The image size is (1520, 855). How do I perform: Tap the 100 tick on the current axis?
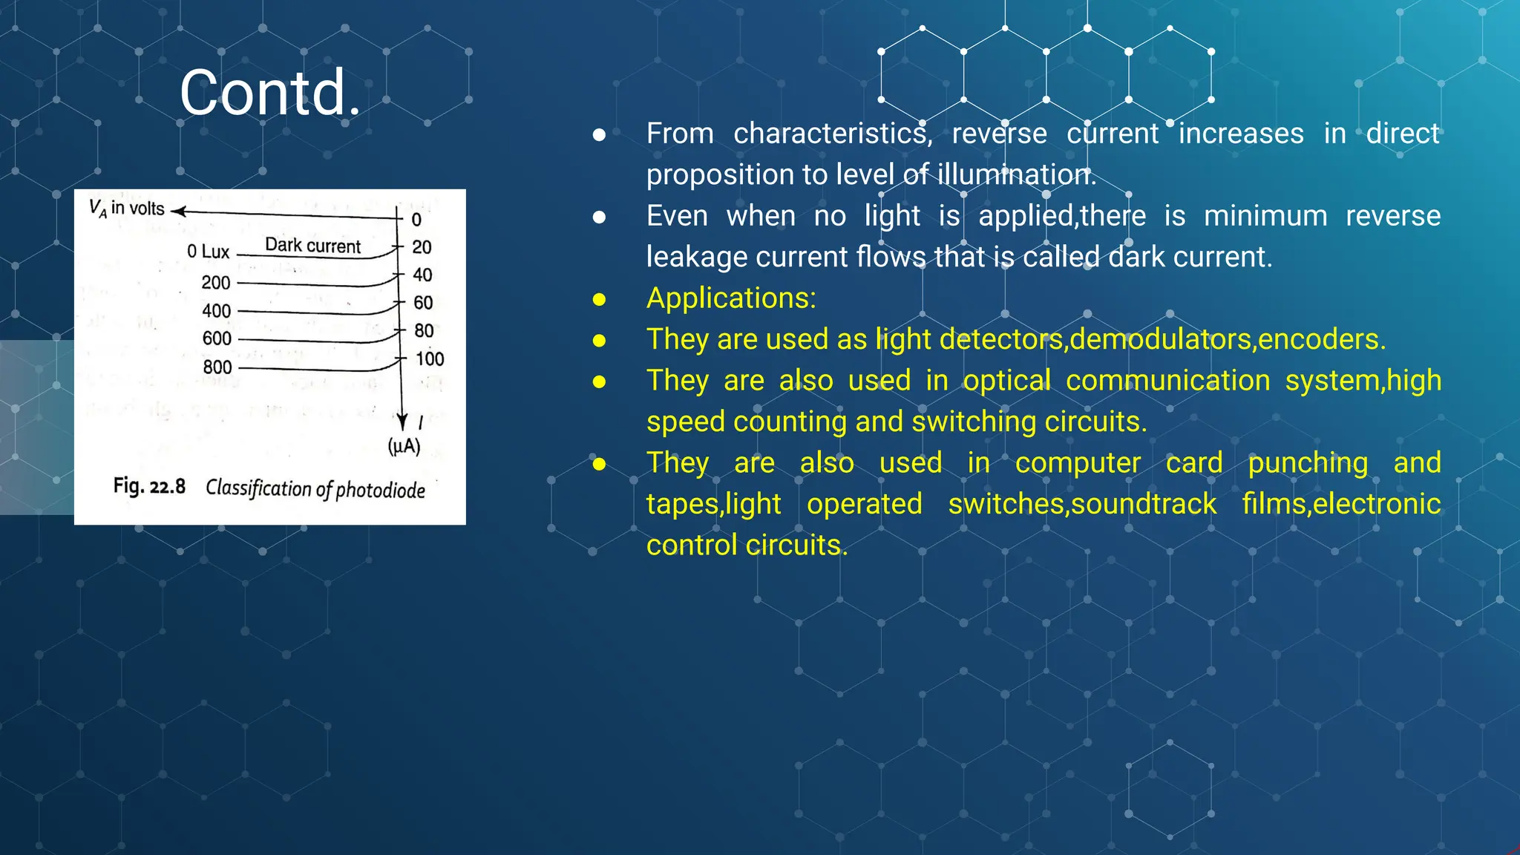pyautogui.click(x=429, y=359)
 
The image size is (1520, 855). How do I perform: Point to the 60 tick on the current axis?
pyautogui.click(x=423, y=303)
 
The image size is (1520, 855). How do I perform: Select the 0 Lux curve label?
pyautogui.click(x=209, y=252)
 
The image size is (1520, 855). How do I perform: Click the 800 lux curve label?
pyautogui.click(x=217, y=367)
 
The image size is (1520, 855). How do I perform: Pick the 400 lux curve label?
pyautogui.click(x=217, y=311)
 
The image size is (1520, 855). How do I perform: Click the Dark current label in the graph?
pyautogui.click(x=312, y=246)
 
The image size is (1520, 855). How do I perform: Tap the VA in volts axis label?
pyautogui.click(x=127, y=209)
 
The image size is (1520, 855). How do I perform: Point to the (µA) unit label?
pyautogui.click(x=404, y=446)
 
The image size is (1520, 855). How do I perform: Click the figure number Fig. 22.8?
pyautogui.click(x=149, y=486)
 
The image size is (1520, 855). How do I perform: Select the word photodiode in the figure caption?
pyautogui.click(x=380, y=490)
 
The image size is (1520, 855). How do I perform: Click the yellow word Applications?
pyautogui.click(x=731, y=298)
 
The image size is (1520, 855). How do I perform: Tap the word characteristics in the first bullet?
pyautogui.click(x=832, y=134)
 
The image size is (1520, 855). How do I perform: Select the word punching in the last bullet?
pyautogui.click(x=1308, y=463)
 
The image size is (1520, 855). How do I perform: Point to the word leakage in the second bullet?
pyautogui.click(x=696, y=258)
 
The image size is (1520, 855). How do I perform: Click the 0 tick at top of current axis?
pyautogui.click(x=416, y=220)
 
